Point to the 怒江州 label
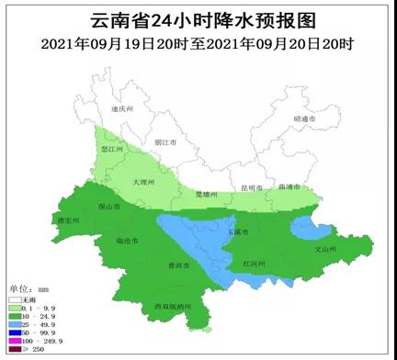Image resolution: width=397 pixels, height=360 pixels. (x=112, y=149)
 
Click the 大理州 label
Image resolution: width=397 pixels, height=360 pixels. (x=141, y=183)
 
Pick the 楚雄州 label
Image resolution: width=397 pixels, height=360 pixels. (x=208, y=195)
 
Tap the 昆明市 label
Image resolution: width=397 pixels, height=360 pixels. (x=251, y=188)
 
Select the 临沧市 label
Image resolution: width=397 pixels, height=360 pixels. (x=127, y=242)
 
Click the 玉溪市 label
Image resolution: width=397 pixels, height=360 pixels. (x=238, y=231)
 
